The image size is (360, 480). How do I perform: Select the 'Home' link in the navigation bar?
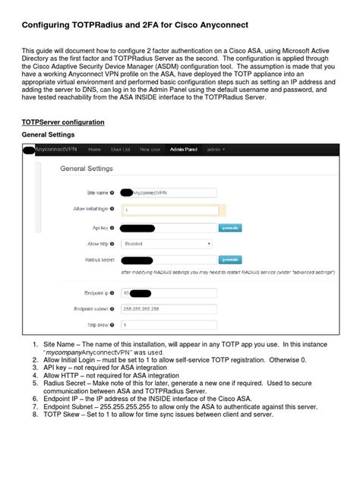pyautogui.click(x=95, y=150)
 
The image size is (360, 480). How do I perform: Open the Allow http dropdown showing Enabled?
pyautogui.click(x=166, y=244)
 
